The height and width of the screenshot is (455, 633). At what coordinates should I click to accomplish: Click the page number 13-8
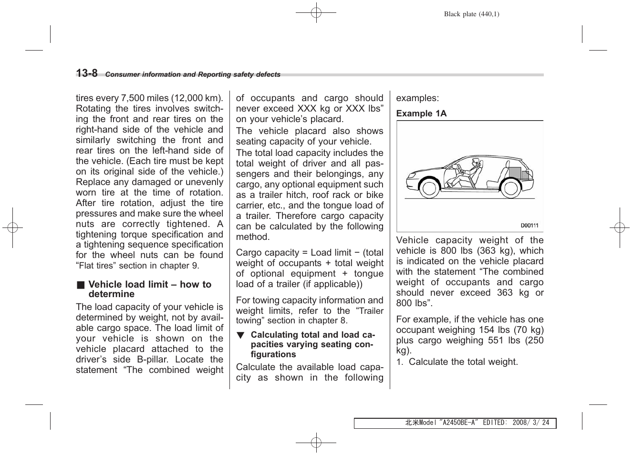[87, 73]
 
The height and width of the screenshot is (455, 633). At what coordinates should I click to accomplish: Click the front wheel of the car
[429, 188]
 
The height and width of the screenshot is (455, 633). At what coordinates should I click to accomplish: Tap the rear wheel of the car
[511, 188]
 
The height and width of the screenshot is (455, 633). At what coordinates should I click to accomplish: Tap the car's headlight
[410, 181]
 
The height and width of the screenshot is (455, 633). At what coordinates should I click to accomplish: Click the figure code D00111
[529, 226]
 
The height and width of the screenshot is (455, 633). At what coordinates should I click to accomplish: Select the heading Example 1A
[421, 114]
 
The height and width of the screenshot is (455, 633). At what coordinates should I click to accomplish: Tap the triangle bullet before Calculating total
[241, 335]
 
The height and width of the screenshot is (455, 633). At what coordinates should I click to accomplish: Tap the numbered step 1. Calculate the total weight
[457, 362]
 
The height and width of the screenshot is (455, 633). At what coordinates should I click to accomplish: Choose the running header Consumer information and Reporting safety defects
[193, 75]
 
